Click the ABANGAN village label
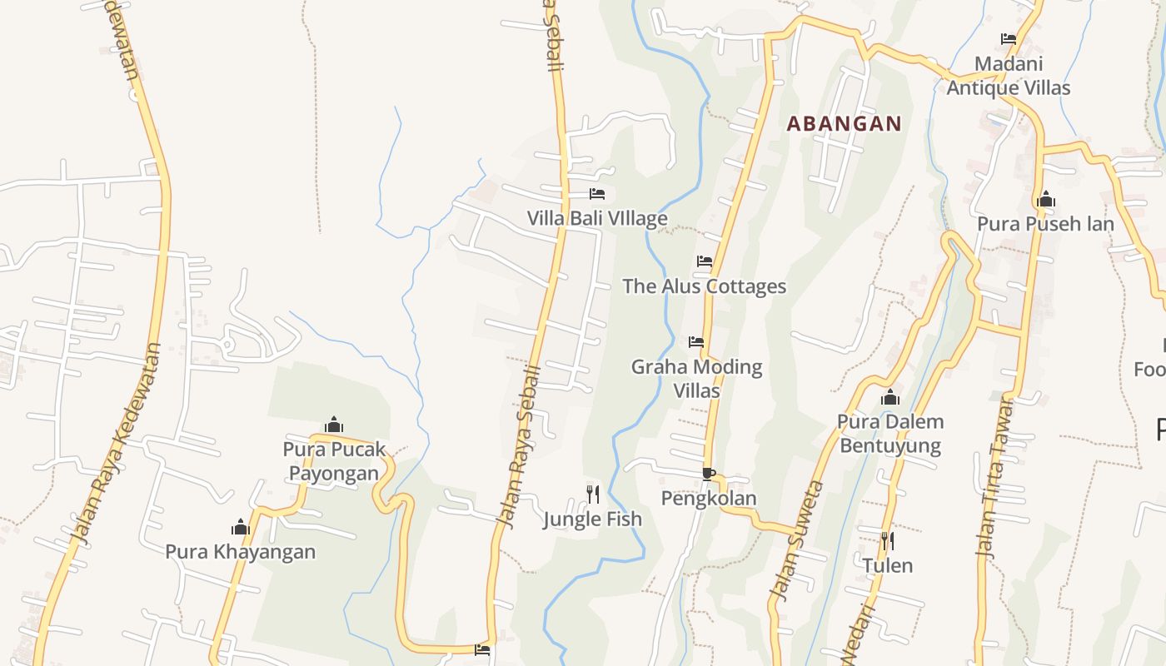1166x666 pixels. pyautogui.click(x=844, y=124)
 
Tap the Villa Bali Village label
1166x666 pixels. pyautogui.click(x=597, y=219)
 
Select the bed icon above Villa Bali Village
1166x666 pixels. pyautogui.click(x=597, y=194)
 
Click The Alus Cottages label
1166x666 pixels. pyautogui.click(x=705, y=286)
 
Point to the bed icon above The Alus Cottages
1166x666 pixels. pyautogui.click(x=705, y=261)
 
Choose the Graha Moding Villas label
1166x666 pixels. pyautogui.click(x=696, y=378)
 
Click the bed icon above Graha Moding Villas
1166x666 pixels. pyautogui.click(x=696, y=342)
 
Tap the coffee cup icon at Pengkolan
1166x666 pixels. pyautogui.click(x=708, y=474)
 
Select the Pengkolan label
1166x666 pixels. pyautogui.click(x=709, y=498)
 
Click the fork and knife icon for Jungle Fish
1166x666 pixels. pyautogui.click(x=593, y=495)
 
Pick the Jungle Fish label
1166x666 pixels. pyautogui.click(x=593, y=519)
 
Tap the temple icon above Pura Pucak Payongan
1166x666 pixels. pyautogui.click(x=334, y=425)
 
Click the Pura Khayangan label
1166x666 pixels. pyautogui.click(x=241, y=551)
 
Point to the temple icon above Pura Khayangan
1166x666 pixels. pyautogui.click(x=241, y=527)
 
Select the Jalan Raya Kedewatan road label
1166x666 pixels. pyautogui.click(x=117, y=445)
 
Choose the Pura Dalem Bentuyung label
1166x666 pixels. pyautogui.click(x=890, y=433)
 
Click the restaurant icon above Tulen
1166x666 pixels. pyautogui.click(x=888, y=541)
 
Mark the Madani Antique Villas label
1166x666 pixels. pyautogui.click(x=1009, y=76)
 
